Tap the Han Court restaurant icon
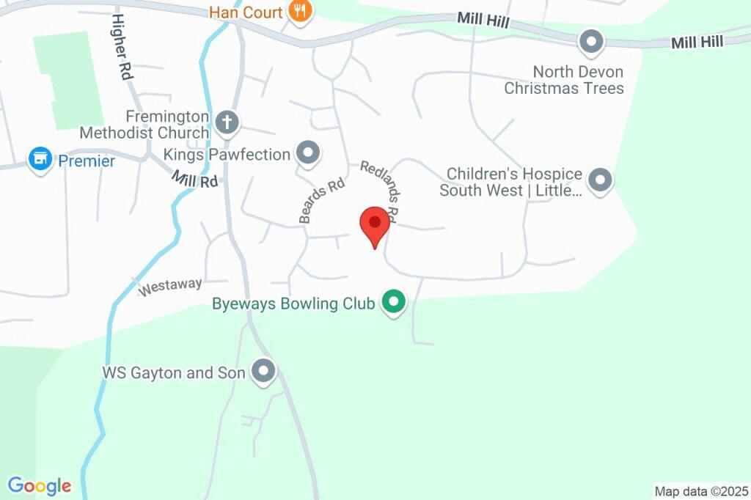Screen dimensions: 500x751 coord(299,12)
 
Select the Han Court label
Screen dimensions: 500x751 coord(246,12)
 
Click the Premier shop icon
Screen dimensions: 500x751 coord(40,159)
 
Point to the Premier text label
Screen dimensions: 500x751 coord(87,161)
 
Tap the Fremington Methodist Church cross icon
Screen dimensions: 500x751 coord(227,122)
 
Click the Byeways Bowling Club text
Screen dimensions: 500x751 coord(293,304)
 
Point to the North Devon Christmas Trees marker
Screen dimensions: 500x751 coord(591,42)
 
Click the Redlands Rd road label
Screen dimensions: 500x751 coord(379,191)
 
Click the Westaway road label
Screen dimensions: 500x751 coord(170,287)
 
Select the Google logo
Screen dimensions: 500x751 coord(40,485)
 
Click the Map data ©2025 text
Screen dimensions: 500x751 coord(701,491)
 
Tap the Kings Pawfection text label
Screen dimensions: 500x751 coord(227,155)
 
